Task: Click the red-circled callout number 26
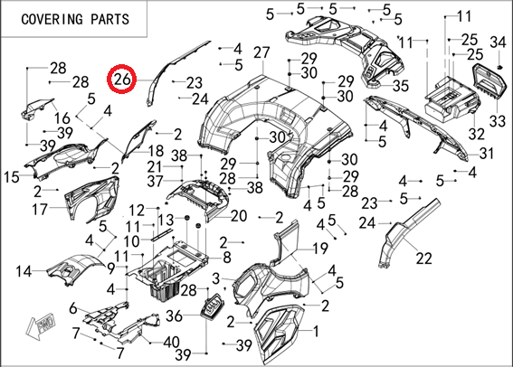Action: [x=122, y=80]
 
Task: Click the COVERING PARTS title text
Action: [x=75, y=19]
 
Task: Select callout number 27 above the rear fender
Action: [x=261, y=52]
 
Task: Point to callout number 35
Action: [x=401, y=86]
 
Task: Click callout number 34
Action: [x=498, y=42]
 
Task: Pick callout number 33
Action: [x=498, y=121]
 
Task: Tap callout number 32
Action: [x=476, y=134]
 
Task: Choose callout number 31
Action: [x=486, y=153]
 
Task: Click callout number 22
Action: [x=424, y=259]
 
